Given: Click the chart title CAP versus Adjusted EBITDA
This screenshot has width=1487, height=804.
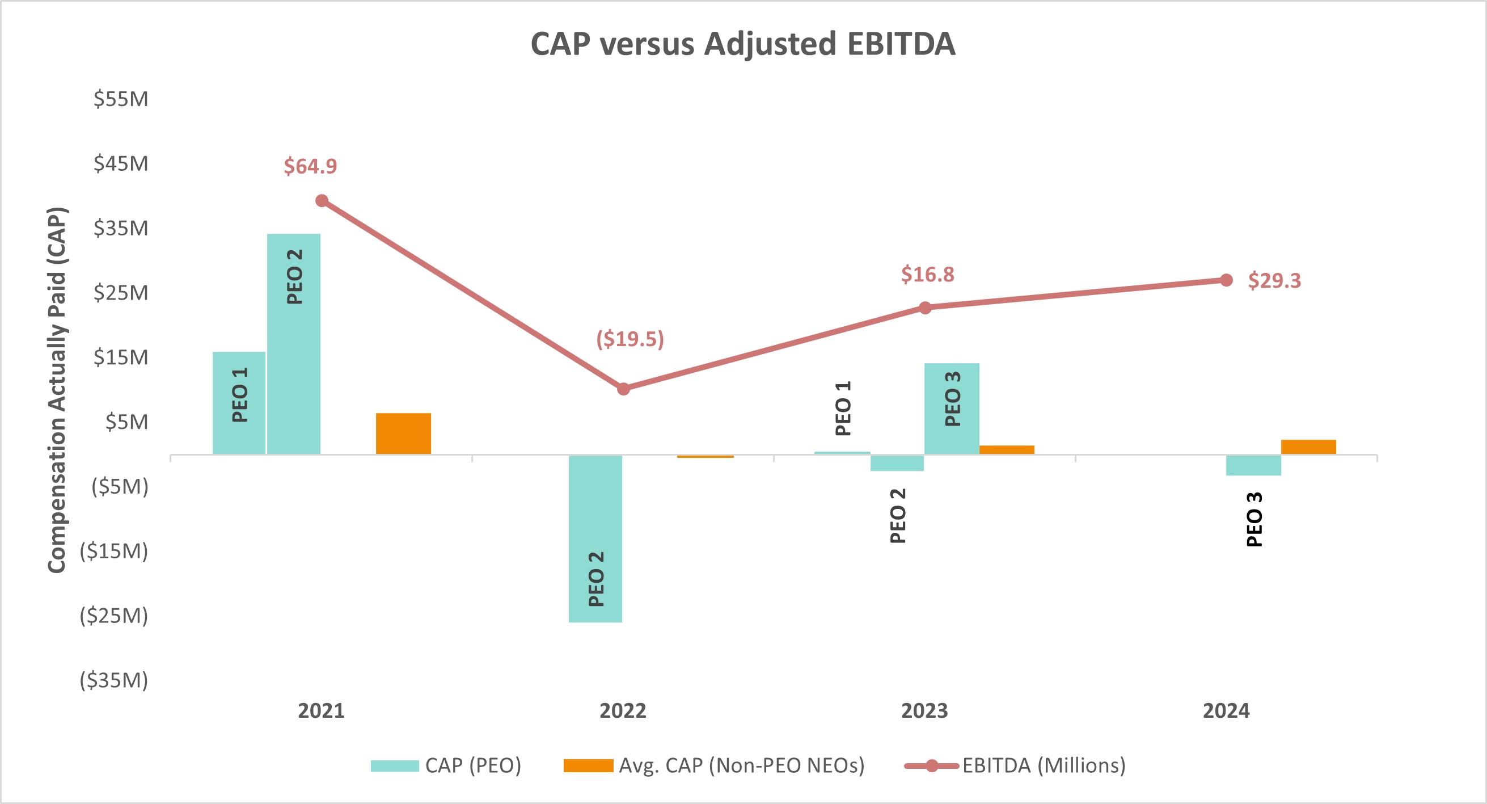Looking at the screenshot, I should [743, 44].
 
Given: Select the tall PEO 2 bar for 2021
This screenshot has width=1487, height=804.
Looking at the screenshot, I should [294, 344].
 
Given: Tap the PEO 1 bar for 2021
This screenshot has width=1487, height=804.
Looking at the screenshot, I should [239, 403].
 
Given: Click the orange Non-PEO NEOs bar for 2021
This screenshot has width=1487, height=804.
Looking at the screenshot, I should [403, 433].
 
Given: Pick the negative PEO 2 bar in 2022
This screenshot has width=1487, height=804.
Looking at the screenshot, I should [595, 538].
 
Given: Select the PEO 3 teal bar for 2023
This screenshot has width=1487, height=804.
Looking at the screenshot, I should [951, 409].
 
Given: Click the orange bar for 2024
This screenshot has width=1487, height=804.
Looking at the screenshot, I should [1308, 447].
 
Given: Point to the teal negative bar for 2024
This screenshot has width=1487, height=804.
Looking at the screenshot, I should [1253, 465].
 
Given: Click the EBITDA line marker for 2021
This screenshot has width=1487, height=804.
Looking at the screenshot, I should [322, 201].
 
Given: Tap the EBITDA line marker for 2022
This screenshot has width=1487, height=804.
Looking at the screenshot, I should [623, 389].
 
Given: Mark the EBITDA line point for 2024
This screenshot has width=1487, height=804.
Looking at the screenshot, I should [1226, 280].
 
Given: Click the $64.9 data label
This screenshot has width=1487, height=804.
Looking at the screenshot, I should [310, 166].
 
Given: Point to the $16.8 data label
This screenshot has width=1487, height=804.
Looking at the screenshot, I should [928, 275].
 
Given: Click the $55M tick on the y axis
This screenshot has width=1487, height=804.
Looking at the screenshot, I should [121, 99].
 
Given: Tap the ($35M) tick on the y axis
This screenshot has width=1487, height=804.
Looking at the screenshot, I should [114, 680].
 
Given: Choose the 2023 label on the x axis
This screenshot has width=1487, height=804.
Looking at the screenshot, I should [924, 710].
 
